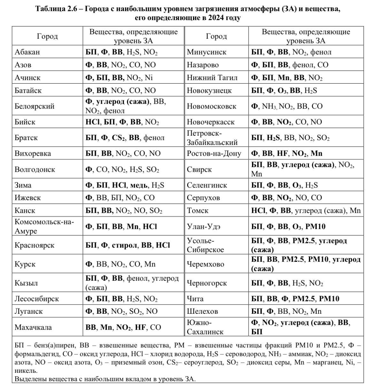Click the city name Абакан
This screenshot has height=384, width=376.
coord(27,52)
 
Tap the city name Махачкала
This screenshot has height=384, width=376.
coord(33,327)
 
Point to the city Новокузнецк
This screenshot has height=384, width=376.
coord(209,91)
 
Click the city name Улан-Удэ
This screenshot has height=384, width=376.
coord(203,227)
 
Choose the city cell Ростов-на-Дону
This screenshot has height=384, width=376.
coord(214,154)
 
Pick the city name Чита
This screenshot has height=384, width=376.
coord(195,299)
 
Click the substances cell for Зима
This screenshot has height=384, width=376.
coord(125,185)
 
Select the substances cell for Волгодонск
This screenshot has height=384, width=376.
coord(122,169)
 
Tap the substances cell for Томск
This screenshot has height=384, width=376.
coord(306,211)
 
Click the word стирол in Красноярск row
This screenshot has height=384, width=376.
coord(125,245)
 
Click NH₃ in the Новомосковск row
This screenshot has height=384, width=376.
coord(269,107)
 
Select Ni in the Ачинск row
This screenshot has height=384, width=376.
coord(149,78)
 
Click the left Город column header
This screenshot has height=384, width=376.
coord(47,36)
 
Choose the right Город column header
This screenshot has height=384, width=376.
coord(216,36)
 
